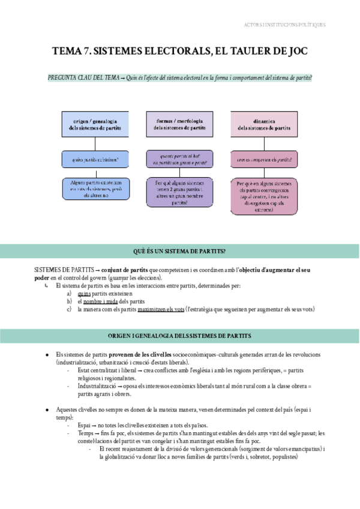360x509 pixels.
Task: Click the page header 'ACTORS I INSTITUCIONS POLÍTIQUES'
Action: [285, 25]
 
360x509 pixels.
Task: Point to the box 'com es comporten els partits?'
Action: [264, 159]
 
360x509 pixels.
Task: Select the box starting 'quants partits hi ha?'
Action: [179, 158]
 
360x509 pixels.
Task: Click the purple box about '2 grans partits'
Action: [179, 193]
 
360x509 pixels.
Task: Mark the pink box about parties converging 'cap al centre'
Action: [264, 196]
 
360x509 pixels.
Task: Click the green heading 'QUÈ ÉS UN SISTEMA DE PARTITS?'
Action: [180, 250]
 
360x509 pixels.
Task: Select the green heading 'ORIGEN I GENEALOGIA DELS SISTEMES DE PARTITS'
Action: [180, 335]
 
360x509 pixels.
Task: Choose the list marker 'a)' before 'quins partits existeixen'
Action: [70, 294]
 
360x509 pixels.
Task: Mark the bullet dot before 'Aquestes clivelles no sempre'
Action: [47, 409]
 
